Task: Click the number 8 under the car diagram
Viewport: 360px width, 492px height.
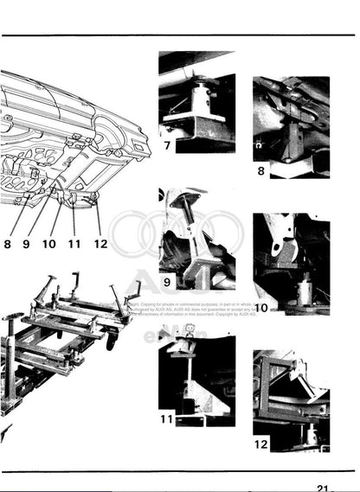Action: coord(7,244)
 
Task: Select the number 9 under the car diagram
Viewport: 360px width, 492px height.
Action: coord(26,244)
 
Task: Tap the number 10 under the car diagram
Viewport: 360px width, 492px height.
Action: coord(48,244)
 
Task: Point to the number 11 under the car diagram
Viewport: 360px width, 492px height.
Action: coord(74,244)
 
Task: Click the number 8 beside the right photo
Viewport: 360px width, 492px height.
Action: coord(260,171)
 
